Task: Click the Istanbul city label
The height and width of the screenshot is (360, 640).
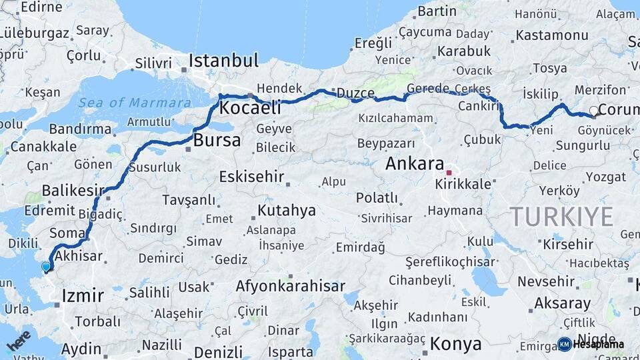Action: pos(223,61)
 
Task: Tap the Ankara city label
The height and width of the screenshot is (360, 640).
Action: pos(415,163)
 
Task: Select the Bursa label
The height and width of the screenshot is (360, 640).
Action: pos(217,141)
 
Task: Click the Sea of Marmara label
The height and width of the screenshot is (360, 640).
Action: pos(135,103)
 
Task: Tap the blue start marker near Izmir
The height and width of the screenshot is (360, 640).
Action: pos(46,267)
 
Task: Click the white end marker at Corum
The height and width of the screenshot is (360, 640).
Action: pos(593,111)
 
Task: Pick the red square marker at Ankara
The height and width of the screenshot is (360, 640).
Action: pos(449,172)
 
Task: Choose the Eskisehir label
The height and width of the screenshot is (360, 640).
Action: pos(251,177)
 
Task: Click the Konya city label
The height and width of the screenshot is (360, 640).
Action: pos(455,344)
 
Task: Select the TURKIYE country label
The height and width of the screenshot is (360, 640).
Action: pos(561,217)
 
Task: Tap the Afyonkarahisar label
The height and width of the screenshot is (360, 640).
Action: pos(290,287)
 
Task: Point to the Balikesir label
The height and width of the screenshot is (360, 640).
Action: pos(73,191)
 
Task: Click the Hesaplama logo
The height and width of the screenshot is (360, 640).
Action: pos(591,344)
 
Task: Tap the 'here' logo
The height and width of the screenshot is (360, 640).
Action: pos(19,339)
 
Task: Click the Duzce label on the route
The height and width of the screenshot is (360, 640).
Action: pos(355,93)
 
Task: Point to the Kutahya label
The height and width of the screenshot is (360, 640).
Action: pos(286,211)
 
